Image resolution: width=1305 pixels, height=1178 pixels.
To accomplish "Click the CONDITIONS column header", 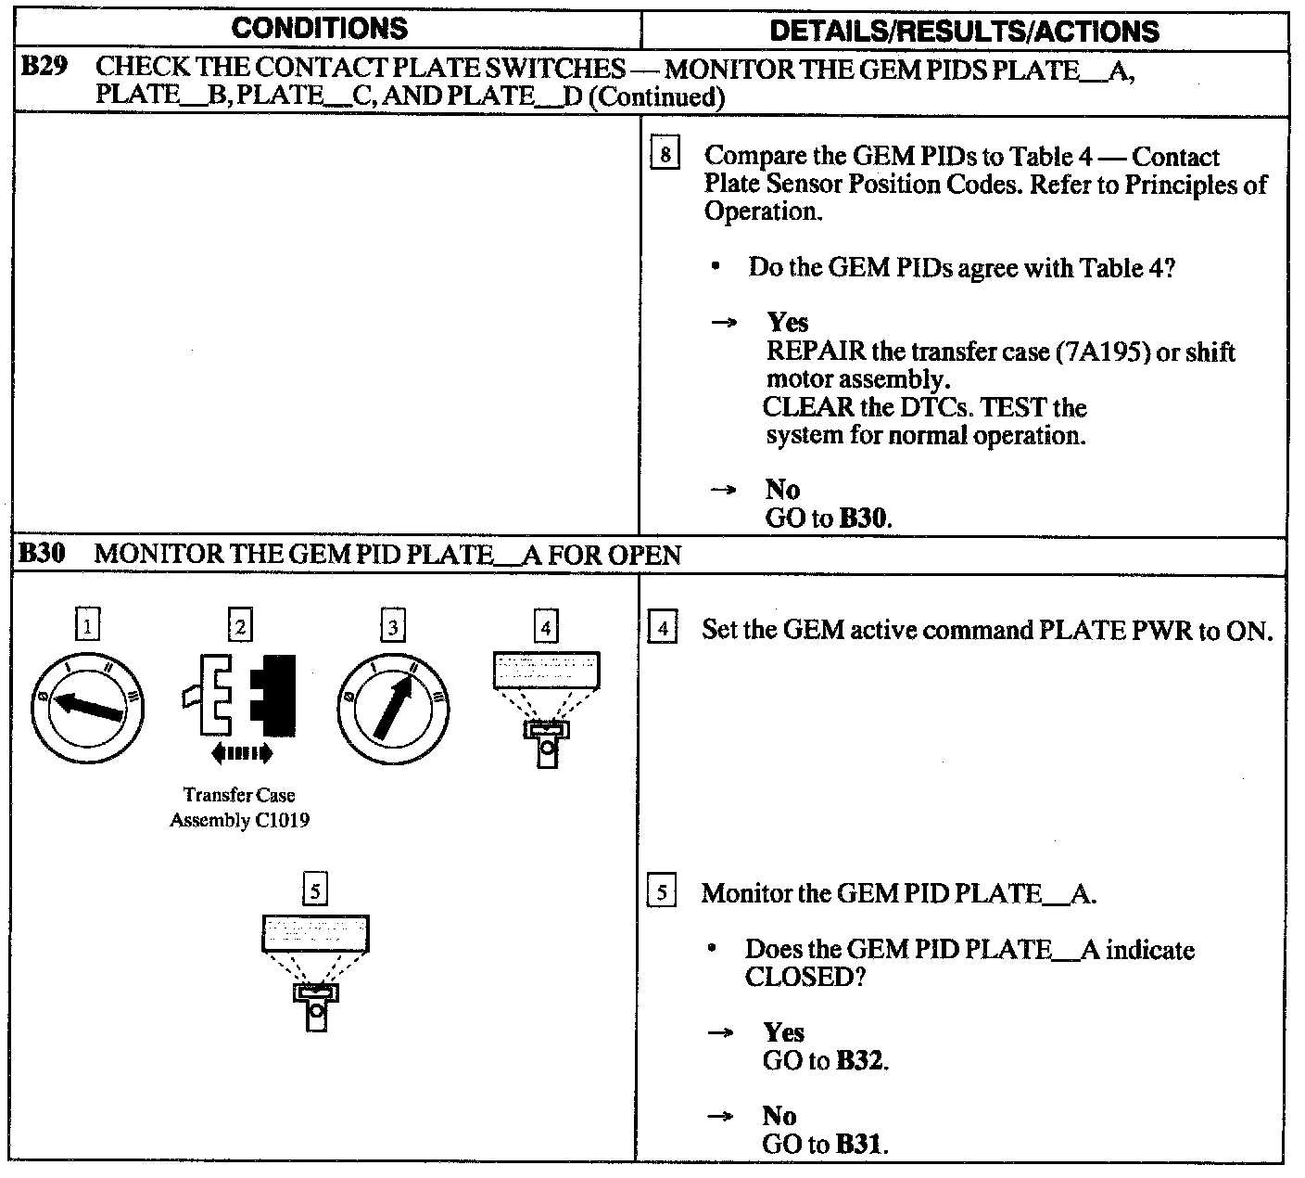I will click(320, 28).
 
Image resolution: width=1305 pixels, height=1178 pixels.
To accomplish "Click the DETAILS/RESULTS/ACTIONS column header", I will click(964, 31).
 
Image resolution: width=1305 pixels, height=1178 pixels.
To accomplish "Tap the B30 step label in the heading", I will click(42, 554).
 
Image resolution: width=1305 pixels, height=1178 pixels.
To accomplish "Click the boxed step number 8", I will click(665, 154).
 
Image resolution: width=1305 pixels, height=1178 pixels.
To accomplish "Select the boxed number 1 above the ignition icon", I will click(87, 627).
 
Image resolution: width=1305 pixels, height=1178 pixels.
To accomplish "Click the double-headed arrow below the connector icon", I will click(241, 754).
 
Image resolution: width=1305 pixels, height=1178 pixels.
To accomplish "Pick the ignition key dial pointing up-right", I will click(393, 707).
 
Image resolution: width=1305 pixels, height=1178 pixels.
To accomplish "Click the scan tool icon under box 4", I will click(547, 707).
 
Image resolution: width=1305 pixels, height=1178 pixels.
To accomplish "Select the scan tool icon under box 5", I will click(316, 970).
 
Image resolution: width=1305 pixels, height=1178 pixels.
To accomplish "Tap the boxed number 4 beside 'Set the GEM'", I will click(663, 629).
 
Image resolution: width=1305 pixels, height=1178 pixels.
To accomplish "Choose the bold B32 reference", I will click(860, 1061).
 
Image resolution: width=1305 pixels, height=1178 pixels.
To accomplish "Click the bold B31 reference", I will click(859, 1145).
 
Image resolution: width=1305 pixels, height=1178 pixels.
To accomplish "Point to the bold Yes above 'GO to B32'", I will click(783, 1032).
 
